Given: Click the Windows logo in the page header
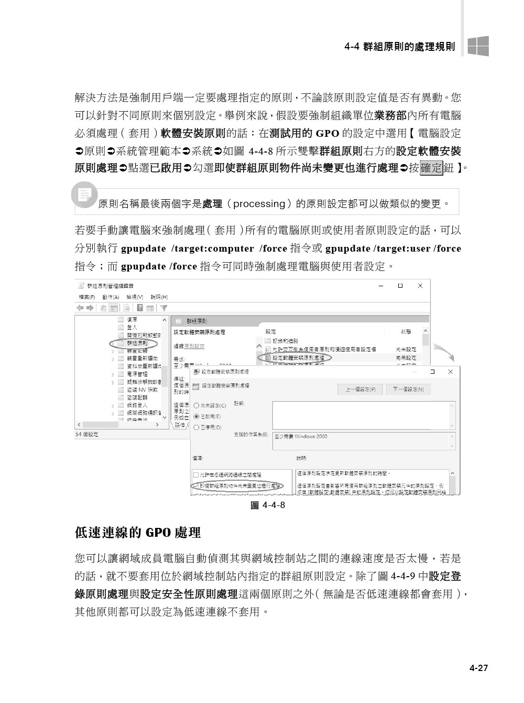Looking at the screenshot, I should coord(478,46).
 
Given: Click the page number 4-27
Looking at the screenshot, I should coord(478,668).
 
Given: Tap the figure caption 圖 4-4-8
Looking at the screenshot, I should coord(268,505).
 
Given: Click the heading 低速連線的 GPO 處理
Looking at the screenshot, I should coord(138,533).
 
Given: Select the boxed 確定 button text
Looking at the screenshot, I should coord(432,168).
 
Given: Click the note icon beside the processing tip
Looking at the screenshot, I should coord(84,194).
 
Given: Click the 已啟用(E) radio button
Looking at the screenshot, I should coord(196,416).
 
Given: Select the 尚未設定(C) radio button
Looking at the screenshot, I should coord(196,405).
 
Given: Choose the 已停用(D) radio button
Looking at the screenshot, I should coord(196,427).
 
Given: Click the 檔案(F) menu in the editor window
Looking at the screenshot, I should coord(86,297).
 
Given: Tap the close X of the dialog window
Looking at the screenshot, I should coord(450,372).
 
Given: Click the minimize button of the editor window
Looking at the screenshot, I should coord(380,286).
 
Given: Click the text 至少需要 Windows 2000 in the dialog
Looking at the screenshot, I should coord(301,436).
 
